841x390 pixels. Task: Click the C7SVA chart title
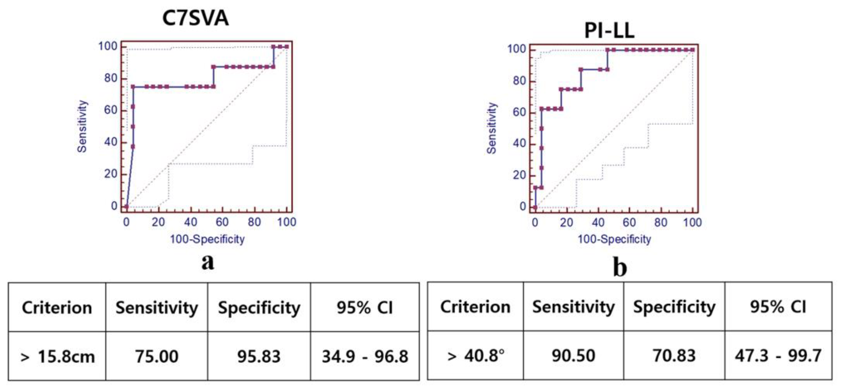(195, 18)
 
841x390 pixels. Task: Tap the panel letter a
(208, 262)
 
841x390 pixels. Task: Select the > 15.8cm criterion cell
(57, 356)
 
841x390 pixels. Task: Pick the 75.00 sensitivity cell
(157, 356)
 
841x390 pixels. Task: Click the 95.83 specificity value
(259, 356)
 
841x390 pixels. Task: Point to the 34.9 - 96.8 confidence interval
(365, 356)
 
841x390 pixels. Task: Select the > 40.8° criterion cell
(475, 355)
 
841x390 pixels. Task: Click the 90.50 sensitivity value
(573, 355)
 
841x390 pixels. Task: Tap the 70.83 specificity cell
(674, 355)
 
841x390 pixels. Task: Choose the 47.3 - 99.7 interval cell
(778, 355)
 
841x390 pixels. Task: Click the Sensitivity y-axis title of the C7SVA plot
(82, 126)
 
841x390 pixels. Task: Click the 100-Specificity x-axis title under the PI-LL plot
(614, 239)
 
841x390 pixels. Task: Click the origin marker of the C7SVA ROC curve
(127, 206)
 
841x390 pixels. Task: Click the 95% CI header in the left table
(365, 307)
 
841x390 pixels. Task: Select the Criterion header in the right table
(475, 307)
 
